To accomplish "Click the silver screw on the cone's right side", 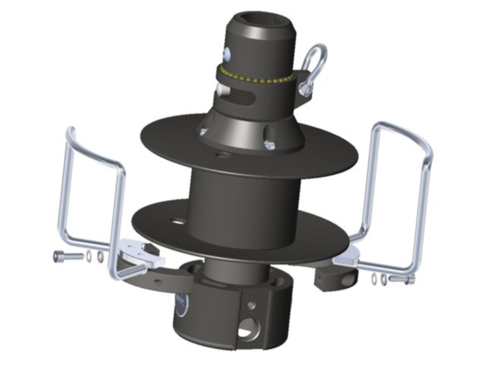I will [x=269, y=145].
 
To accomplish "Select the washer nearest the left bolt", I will [x=89, y=256].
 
